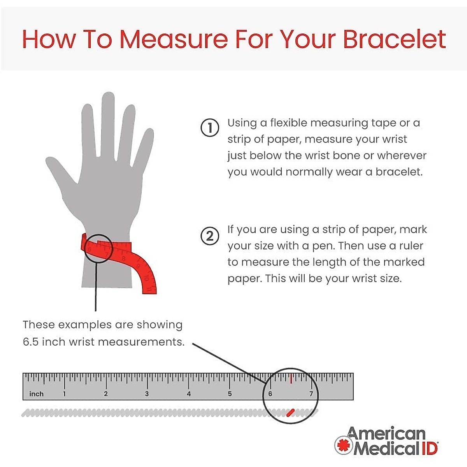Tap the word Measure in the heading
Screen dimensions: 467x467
click(173, 39)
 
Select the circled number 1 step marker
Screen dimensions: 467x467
click(209, 128)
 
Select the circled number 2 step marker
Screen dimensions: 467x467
click(209, 236)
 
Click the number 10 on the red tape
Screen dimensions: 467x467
click(146, 277)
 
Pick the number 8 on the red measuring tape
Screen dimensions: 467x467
click(124, 258)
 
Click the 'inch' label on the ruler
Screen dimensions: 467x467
click(36, 394)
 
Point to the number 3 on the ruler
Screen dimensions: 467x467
click(147, 394)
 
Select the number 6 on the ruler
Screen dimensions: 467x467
click(270, 393)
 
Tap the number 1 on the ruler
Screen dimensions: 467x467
click(64, 394)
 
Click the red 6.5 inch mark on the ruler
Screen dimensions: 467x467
click(291, 378)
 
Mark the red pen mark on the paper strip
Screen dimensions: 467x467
click(290, 413)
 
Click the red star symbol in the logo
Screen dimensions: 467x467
click(343, 445)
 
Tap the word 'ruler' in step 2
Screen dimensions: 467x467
click(411, 246)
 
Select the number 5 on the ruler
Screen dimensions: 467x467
click(230, 394)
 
